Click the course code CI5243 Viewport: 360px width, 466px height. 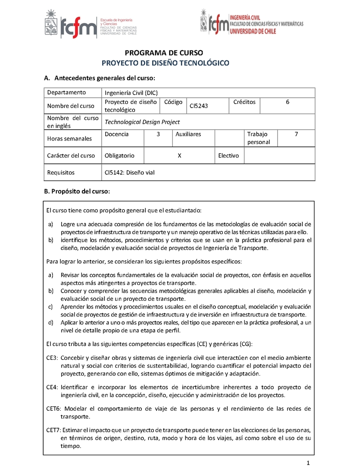point(198,106)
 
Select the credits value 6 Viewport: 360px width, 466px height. point(288,102)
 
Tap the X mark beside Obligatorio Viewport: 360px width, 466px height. point(180,156)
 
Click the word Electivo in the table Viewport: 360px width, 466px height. point(228,156)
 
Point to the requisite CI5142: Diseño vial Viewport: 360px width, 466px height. point(129,172)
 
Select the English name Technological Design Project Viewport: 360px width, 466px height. point(142,122)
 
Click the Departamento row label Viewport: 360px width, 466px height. point(66,93)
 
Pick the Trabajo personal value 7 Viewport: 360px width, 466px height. point(296,134)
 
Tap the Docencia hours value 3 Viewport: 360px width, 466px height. point(158,134)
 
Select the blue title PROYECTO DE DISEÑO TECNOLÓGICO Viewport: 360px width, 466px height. point(166,63)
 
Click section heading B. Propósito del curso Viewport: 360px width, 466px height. point(77,191)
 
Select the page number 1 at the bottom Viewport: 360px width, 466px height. point(308,463)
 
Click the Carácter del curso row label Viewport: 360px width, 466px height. point(71,156)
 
